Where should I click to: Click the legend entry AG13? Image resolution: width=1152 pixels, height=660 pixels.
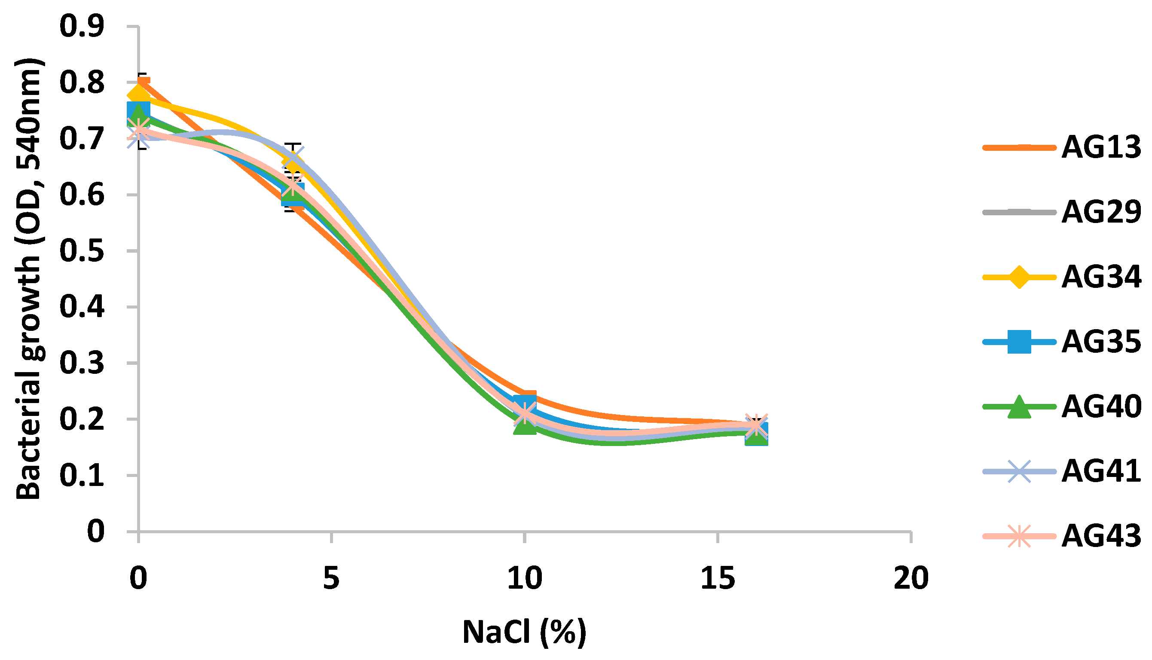click(x=1100, y=147)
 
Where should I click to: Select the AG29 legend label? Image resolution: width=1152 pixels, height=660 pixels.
click(x=1100, y=212)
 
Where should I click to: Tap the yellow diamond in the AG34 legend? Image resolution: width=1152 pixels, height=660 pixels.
click(x=1018, y=277)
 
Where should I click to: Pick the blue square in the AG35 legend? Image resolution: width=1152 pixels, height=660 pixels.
click(x=1018, y=342)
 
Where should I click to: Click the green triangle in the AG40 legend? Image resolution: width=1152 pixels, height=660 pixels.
click(x=1018, y=406)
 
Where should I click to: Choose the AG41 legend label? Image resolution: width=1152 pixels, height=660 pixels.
click(x=1100, y=471)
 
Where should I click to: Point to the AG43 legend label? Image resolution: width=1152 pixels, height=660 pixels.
click(x=1100, y=536)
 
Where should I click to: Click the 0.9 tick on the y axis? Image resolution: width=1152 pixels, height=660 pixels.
click(x=82, y=26)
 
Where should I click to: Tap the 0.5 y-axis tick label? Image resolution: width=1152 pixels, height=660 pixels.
click(x=82, y=251)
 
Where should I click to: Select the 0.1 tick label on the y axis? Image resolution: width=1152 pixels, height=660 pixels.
click(x=82, y=476)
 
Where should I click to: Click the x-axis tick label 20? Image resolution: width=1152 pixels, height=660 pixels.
click(x=911, y=579)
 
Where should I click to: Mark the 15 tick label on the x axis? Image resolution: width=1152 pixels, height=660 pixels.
click(x=718, y=579)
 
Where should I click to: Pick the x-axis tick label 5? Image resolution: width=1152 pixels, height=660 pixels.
click(x=331, y=579)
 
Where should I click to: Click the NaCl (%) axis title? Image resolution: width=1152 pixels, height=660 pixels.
click(x=524, y=632)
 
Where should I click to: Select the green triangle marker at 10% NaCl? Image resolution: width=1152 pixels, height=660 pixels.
click(x=525, y=426)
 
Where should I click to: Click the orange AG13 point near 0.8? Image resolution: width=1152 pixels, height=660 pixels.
click(x=144, y=82)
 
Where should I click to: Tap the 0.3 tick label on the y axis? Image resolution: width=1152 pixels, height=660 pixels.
click(x=82, y=363)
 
